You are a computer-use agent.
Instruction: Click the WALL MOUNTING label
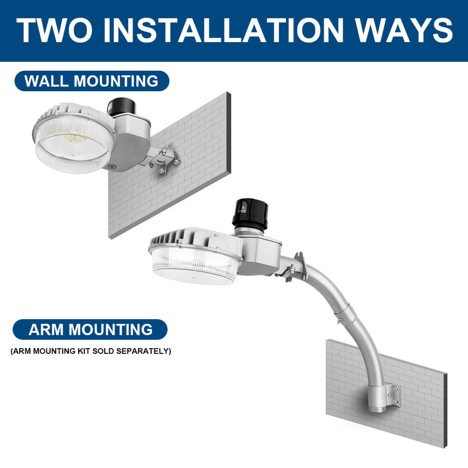[91, 81]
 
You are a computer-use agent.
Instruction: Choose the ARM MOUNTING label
[90, 329]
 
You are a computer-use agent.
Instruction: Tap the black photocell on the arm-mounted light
[249, 213]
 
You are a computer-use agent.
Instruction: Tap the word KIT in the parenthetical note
[83, 351]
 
